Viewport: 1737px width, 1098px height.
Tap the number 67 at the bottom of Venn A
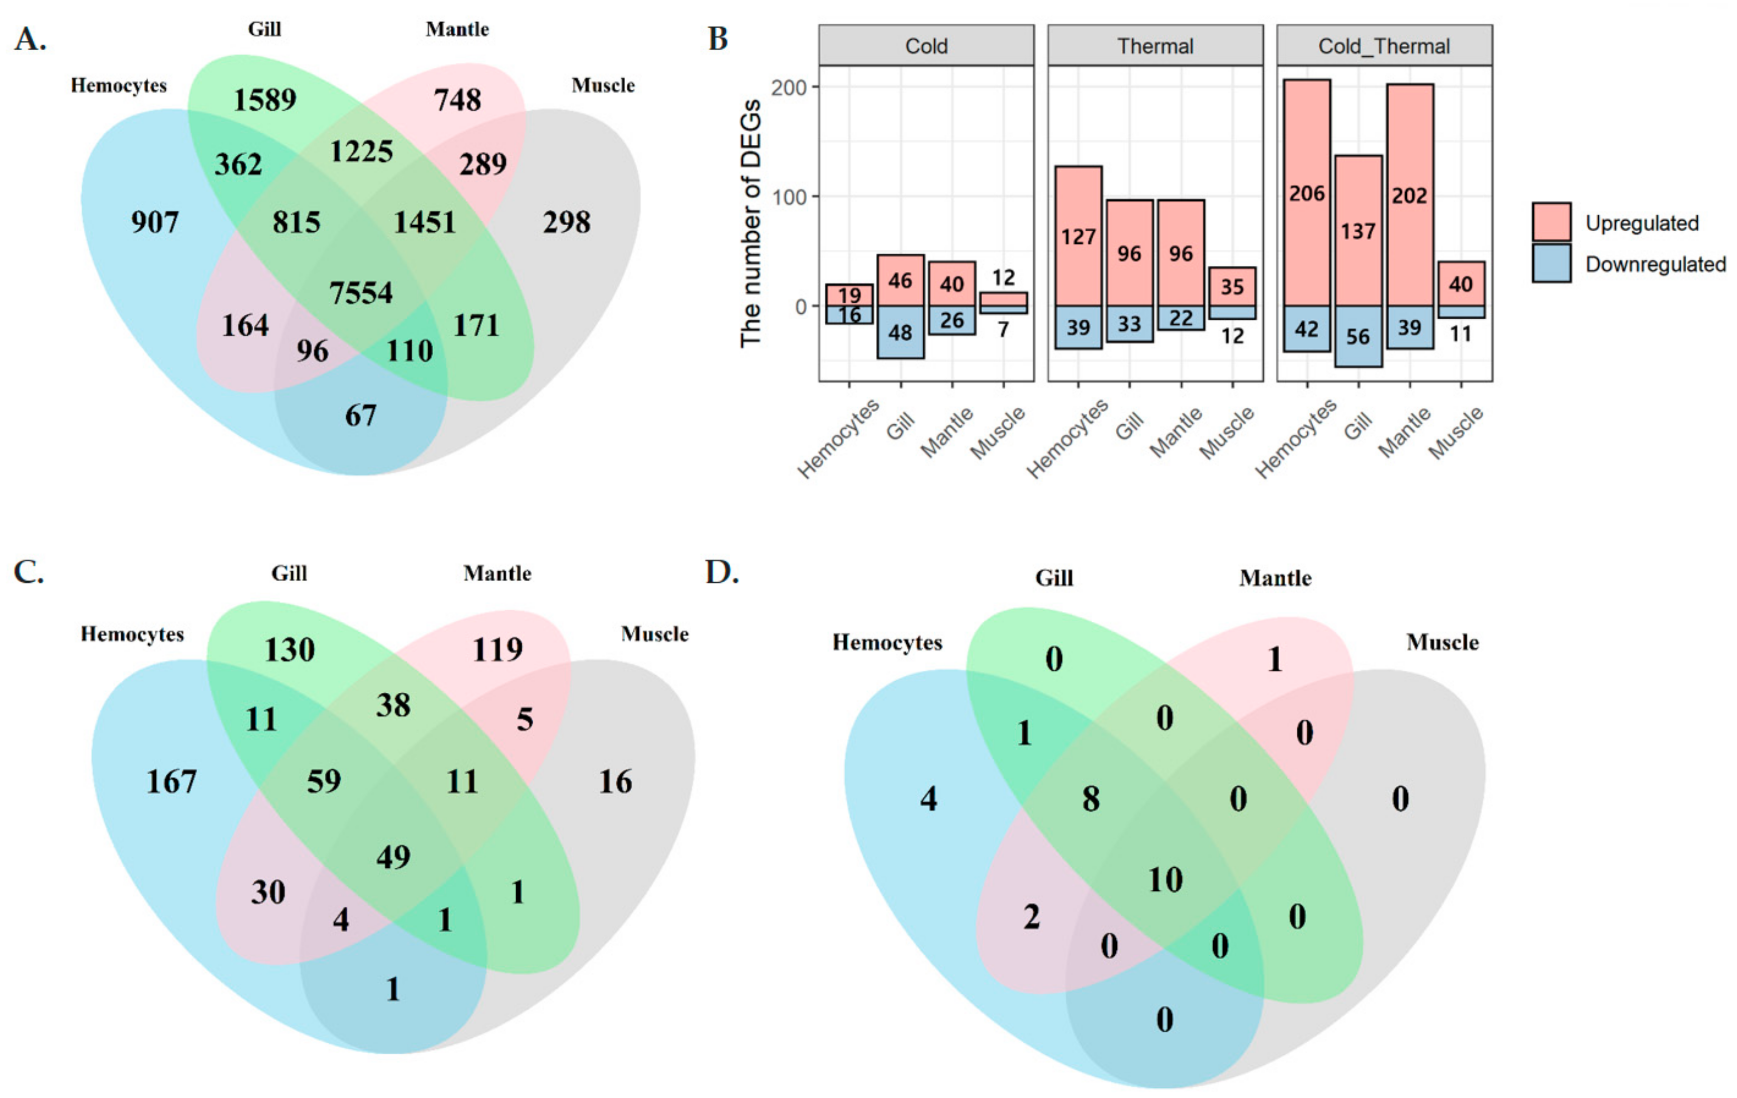point(361,416)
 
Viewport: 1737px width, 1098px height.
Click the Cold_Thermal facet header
point(1384,46)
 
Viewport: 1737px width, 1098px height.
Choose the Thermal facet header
point(1155,46)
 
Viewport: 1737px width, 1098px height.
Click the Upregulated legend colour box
point(1551,222)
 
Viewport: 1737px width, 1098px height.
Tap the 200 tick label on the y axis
point(789,88)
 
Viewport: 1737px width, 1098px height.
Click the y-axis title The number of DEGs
point(751,224)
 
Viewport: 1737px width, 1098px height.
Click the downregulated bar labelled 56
point(1359,336)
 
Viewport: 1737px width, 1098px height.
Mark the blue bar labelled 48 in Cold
point(900,333)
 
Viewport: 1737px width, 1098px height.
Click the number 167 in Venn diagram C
point(172,782)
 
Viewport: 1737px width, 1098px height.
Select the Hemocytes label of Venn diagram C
point(132,634)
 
